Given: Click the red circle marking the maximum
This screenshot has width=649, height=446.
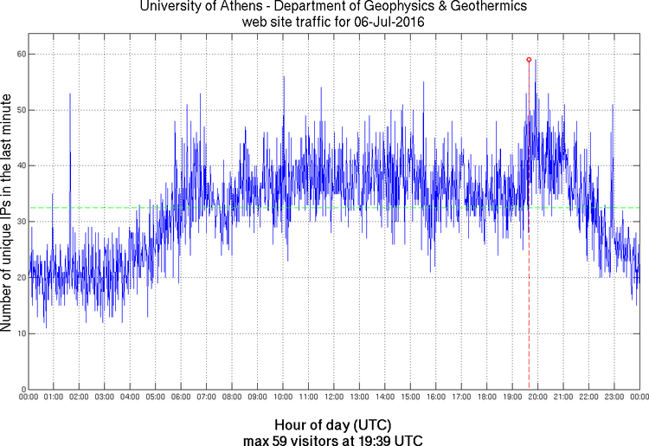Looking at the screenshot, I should click(x=529, y=60).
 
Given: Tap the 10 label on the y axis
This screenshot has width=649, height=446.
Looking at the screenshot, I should click(x=19, y=333).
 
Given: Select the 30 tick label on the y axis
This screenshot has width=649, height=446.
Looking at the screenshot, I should click(x=19, y=222).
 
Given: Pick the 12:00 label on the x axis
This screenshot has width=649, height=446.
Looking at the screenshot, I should click(x=334, y=397).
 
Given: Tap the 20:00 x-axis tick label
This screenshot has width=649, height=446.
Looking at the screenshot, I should click(x=537, y=397).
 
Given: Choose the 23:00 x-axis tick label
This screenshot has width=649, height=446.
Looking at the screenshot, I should click(x=614, y=397).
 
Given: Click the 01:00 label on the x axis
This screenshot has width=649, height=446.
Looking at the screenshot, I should click(x=53, y=397).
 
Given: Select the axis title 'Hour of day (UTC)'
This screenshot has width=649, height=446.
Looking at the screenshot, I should click(x=332, y=425).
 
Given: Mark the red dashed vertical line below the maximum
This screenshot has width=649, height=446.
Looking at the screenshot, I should click(x=529, y=303).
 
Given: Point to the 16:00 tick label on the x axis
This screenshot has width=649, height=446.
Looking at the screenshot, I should click(x=436, y=397).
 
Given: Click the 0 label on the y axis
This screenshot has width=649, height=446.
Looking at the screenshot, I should click(x=22, y=389).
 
